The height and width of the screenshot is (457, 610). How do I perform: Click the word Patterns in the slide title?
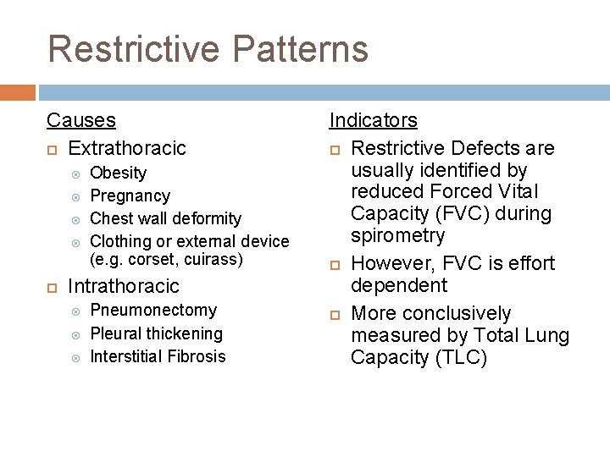[x=300, y=49]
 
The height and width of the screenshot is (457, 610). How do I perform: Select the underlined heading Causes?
[x=81, y=121]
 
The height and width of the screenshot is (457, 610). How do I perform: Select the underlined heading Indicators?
[x=373, y=121]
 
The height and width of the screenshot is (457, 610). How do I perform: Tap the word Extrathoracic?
[x=126, y=149]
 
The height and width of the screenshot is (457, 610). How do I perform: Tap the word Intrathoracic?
[x=124, y=286]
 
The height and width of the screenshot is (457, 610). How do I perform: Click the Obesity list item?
[x=118, y=173]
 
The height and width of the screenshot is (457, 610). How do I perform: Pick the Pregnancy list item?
[x=130, y=196]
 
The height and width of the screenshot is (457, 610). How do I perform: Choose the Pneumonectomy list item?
[x=153, y=311]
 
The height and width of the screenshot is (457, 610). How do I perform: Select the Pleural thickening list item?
[x=156, y=333]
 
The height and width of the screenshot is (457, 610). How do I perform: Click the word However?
[x=389, y=263]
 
